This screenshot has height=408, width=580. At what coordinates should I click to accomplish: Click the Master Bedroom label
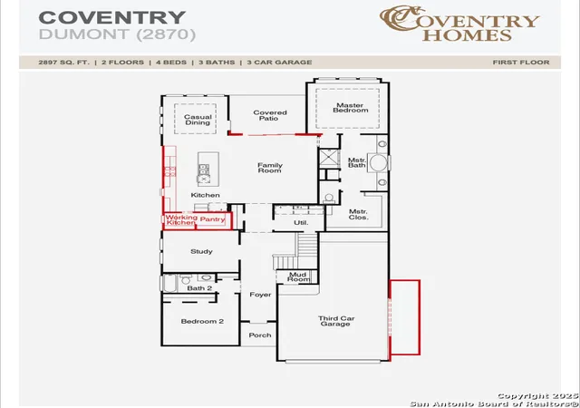[x=351, y=108]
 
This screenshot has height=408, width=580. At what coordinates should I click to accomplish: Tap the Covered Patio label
[x=270, y=115]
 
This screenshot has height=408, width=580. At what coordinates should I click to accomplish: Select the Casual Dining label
[x=198, y=120]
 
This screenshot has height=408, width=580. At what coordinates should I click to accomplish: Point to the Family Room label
[x=270, y=168]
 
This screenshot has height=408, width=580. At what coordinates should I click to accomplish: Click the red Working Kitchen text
[x=181, y=220]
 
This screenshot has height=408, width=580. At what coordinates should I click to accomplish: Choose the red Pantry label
[x=213, y=219]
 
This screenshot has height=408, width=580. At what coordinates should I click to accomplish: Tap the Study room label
[x=201, y=251]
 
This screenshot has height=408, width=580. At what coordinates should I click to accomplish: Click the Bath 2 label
[x=199, y=288]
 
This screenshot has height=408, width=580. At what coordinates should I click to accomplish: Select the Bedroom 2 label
[x=202, y=321]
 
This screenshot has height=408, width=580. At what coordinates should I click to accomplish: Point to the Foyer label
[x=260, y=295]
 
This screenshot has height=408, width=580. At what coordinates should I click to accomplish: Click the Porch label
[x=260, y=335]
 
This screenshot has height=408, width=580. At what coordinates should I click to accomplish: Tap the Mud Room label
[x=298, y=277]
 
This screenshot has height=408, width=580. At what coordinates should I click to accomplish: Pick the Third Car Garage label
[x=336, y=321]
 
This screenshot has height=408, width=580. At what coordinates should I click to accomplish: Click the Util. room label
[x=301, y=223]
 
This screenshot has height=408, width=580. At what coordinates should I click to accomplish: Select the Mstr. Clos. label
[x=359, y=214]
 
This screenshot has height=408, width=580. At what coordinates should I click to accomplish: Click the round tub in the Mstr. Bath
[x=379, y=163]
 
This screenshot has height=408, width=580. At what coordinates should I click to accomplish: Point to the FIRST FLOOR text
[x=521, y=63]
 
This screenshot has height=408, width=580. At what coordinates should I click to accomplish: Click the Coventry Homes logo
[x=459, y=23]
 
